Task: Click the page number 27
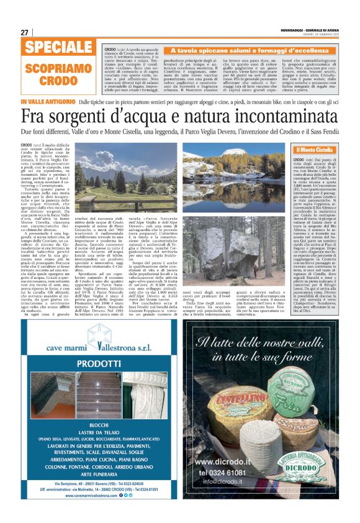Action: click(25, 32)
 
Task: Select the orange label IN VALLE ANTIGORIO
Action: click(48, 101)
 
